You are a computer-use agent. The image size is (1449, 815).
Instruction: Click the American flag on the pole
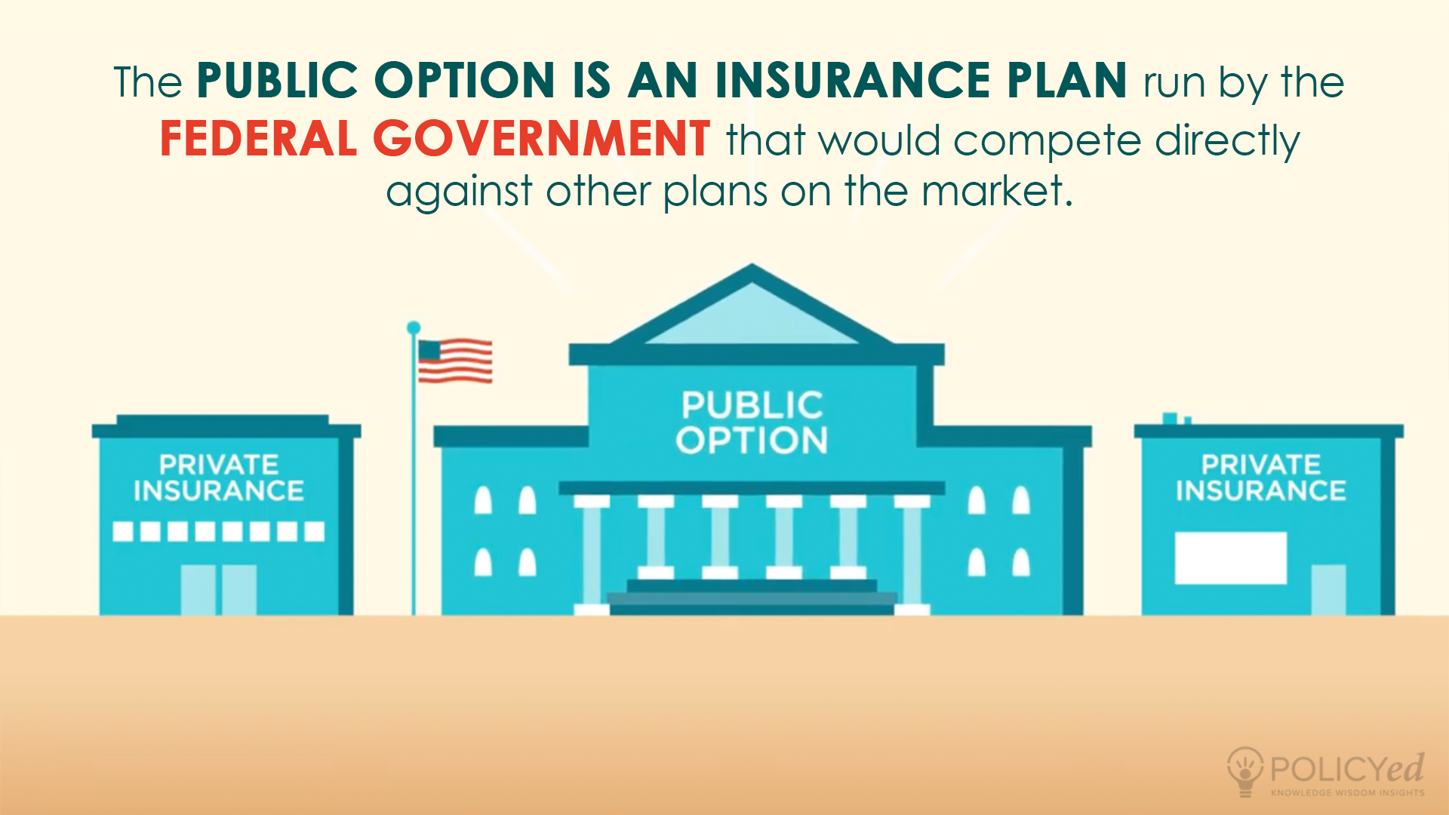455,361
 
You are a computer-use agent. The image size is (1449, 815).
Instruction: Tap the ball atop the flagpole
414,328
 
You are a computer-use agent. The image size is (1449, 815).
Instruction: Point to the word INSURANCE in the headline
853,81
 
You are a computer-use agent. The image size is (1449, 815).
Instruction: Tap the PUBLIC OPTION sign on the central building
752,423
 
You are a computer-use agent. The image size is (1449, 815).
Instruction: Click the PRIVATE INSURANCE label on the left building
219,478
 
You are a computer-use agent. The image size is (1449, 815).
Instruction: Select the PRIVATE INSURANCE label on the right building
1260,478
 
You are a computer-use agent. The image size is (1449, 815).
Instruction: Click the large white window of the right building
1230,558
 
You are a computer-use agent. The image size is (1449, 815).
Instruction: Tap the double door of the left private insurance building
218,590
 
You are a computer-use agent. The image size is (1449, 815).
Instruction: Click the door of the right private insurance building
1328,590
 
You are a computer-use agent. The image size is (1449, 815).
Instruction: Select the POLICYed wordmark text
1347,769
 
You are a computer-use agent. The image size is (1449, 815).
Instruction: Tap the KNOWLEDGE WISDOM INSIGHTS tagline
1347,792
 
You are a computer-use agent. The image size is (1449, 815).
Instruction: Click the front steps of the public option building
752,597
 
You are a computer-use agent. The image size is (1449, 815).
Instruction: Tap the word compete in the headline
1047,141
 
